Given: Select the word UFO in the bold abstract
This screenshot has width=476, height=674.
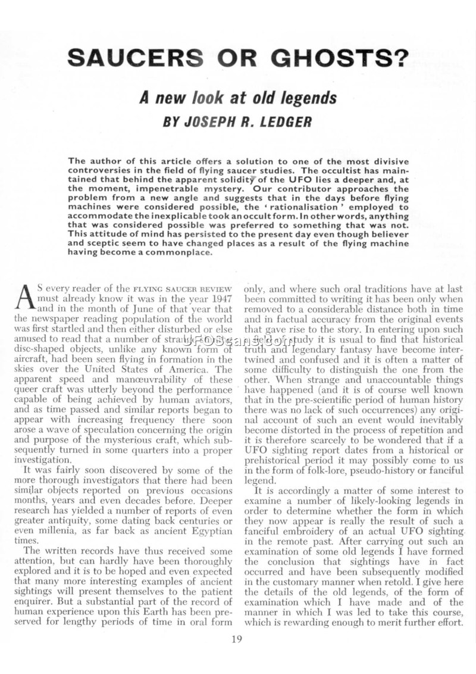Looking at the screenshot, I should point(278,180).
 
